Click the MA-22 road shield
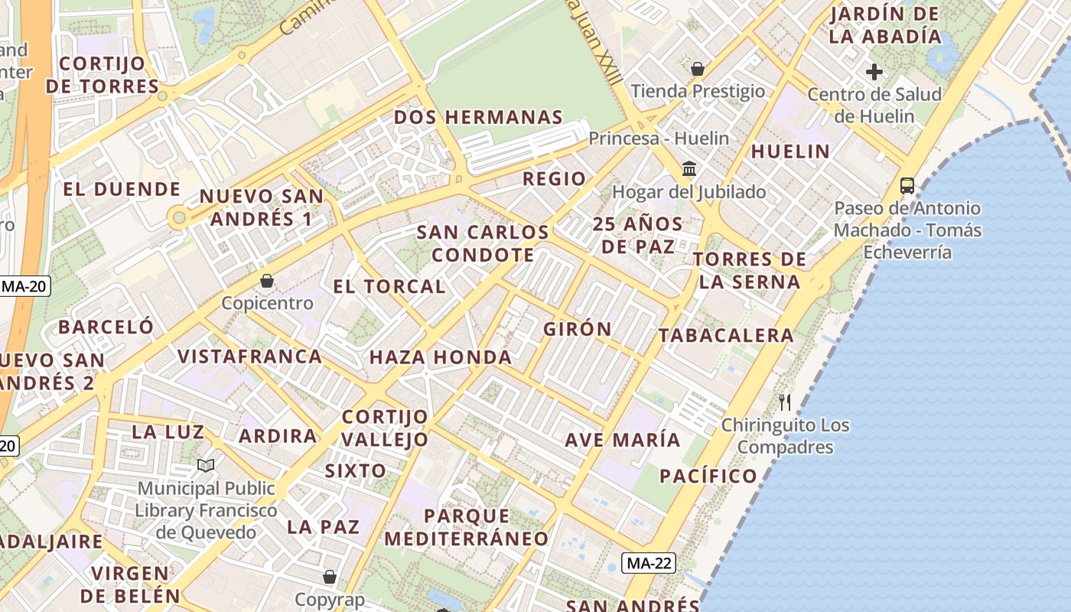click(649, 564)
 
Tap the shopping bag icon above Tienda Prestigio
click(697, 70)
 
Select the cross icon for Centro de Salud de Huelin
click(874, 72)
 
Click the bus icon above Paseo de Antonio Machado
click(907, 185)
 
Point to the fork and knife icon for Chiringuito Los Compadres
click(785, 402)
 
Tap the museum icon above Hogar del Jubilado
click(688, 168)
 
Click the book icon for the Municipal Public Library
click(205, 465)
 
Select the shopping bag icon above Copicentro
click(266, 281)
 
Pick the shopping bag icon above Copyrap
click(329, 577)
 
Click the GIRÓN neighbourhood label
click(577, 329)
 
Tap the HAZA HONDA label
click(441, 357)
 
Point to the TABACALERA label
click(726, 335)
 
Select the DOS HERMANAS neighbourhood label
click(478, 117)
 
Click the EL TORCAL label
click(389, 287)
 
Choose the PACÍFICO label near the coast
click(708, 476)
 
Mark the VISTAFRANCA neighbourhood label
click(249, 356)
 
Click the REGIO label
click(554, 179)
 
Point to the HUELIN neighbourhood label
click(790, 151)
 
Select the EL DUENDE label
click(122, 189)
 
